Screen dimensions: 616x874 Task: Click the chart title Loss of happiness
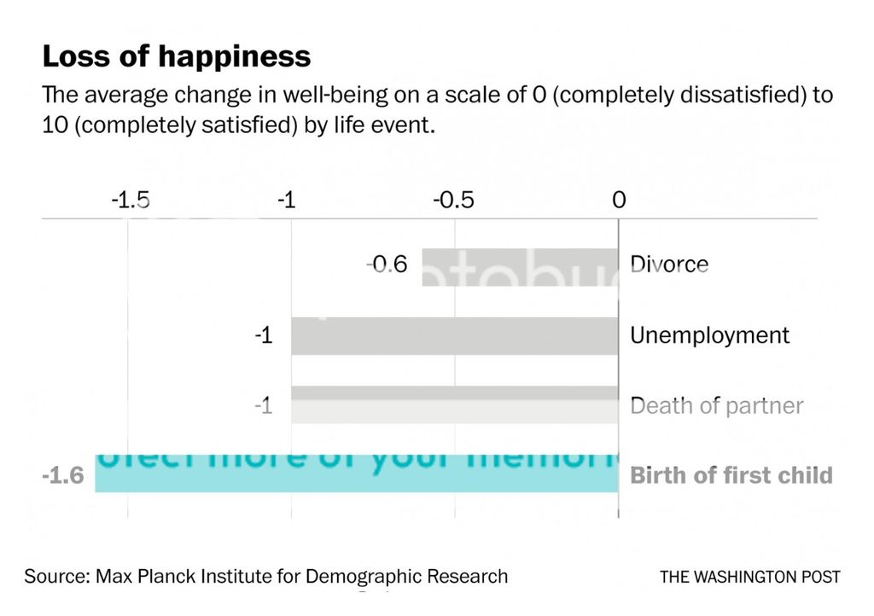[x=176, y=57]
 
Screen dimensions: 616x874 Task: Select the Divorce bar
[x=520, y=266]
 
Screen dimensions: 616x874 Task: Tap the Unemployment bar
[x=454, y=335]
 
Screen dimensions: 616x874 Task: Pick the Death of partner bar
[x=454, y=404]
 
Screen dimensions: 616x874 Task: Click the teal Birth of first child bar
[x=356, y=474]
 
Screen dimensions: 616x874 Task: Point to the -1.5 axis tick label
[x=131, y=200]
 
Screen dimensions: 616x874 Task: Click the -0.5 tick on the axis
[x=453, y=200]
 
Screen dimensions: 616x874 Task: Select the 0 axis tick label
[x=619, y=200]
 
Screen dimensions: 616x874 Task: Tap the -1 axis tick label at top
[x=288, y=200]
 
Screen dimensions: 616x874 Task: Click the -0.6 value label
[x=387, y=265]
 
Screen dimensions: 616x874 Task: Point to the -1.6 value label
[x=62, y=475]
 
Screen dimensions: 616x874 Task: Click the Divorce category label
[x=669, y=264]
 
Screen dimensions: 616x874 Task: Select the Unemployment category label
[x=709, y=335]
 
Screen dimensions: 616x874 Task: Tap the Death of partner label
[x=716, y=405]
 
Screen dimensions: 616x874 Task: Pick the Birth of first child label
[x=731, y=475]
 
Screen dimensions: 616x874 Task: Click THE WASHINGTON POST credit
[x=749, y=578]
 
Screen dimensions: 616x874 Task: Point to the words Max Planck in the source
[x=146, y=577]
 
